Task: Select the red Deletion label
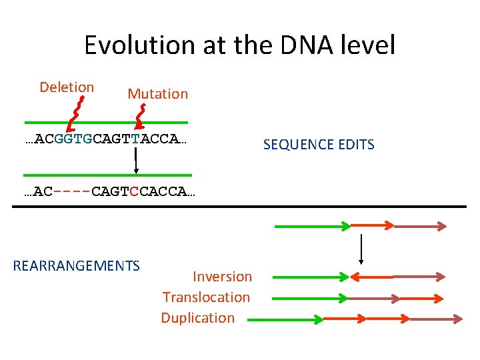[x=67, y=87]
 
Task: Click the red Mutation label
[x=158, y=94]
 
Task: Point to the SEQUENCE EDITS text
[x=319, y=145]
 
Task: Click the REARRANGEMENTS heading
[x=76, y=266]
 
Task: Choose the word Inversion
[x=222, y=276]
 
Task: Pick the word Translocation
[x=206, y=297]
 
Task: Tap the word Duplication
[x=197, y=318]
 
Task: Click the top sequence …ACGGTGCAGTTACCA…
[x=105, y=139]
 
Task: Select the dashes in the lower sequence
[x=72, y=192]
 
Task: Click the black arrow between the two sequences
[x=136, y=160]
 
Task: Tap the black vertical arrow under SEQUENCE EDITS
[x=361, y=249]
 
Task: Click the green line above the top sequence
[x=107, y=123]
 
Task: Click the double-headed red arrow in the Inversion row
[x=375, y=276]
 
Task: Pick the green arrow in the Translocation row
[x=311, y=297]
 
